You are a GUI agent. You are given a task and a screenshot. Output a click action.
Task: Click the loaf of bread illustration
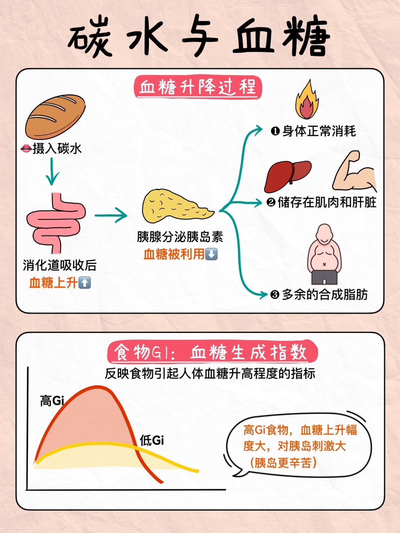point(56,117)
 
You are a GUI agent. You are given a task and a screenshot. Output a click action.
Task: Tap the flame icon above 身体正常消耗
point(307,100)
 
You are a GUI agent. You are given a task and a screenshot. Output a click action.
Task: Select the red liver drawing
point(287,176)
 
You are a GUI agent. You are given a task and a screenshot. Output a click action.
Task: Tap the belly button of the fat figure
point(324,264)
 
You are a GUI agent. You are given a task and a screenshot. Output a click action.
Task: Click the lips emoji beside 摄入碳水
point(26,148)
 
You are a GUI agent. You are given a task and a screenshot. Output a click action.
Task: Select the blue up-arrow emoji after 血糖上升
point(84,283)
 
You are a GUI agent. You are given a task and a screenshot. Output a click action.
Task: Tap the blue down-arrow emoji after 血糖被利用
point(211,254)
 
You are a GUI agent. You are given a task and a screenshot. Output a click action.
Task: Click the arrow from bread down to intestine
point(52,171)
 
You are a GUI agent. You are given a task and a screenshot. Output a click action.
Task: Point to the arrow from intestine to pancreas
point(111,215)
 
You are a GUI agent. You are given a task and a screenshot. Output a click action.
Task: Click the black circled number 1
point(276,132)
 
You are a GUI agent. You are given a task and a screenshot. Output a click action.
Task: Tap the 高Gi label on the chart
point(52,401)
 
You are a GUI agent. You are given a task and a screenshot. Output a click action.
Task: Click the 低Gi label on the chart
point(152,440)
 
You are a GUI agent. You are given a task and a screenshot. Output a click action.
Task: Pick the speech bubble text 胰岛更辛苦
point(283,463)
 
